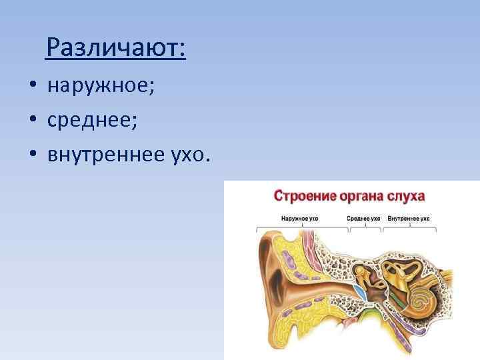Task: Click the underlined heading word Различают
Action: click(x=116, y=47)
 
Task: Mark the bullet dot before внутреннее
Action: click(x=32, y=155)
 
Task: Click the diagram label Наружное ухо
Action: click(x=300, y=218)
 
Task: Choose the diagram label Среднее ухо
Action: click(x=363, y=218)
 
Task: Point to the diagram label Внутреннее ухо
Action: click(x=409, y=218)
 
